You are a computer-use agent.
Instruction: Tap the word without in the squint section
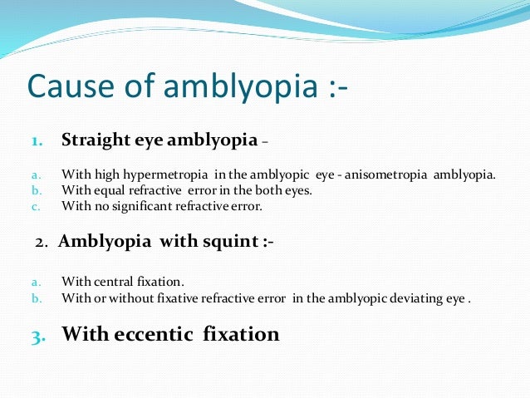pos(130,297)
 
